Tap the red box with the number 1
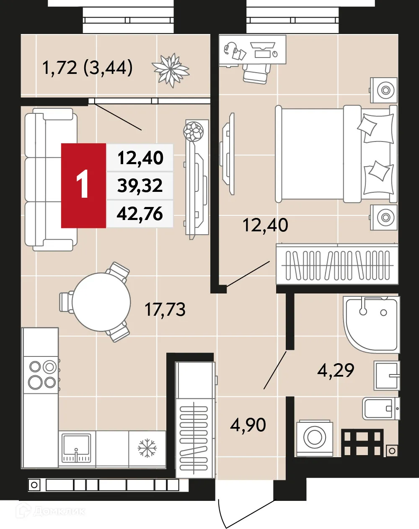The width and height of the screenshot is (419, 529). [x=83, y=185]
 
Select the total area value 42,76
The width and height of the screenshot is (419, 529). [x=140, y=214]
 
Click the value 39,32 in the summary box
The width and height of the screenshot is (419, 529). [x=140, y=186]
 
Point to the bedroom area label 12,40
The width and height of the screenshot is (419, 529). [x=265, y=225]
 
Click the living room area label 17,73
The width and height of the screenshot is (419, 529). [x=165, y=309]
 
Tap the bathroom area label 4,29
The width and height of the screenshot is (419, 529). [x=335, y=370]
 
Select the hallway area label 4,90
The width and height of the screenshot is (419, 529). [x=248, y=425]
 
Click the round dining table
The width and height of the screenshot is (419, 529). [x=101, y=301]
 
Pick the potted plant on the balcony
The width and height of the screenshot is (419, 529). [x=171, y=69]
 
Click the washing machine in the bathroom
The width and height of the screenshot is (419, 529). [x=315, y=438]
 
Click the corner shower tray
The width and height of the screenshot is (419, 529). [x=371, y=323]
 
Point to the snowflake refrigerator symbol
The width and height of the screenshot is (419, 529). [x=147, y=448]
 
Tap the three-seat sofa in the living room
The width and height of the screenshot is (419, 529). [x=49, y=179]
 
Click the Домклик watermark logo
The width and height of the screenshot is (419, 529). [x=50, y=511]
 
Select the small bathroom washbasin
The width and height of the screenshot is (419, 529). [x=387, y=375]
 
